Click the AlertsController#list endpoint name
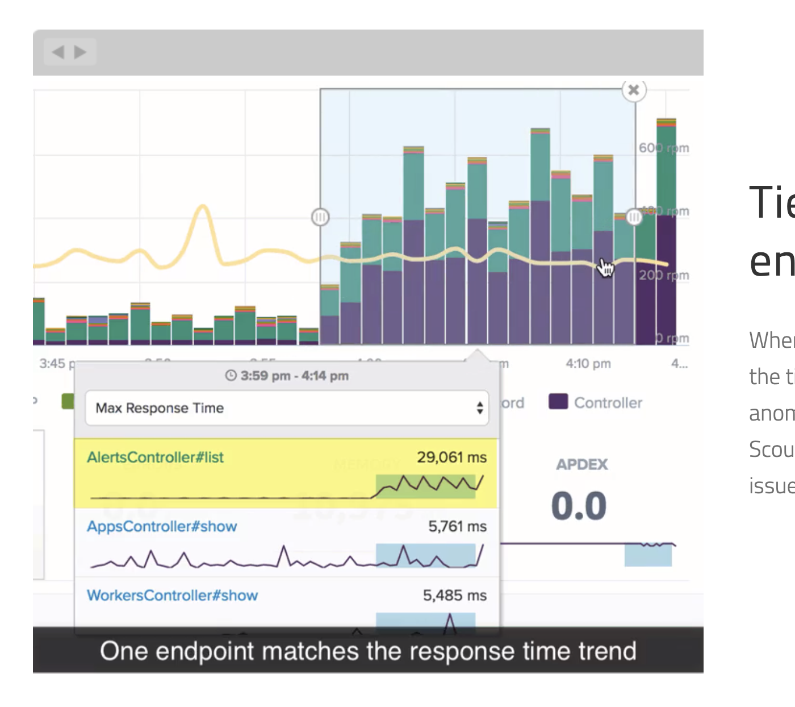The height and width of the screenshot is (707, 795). click(x=155, y=458)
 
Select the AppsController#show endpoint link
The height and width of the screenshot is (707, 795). click(x=162, y=526)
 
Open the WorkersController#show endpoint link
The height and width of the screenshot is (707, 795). click(x=172, y=595)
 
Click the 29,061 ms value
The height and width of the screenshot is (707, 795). click(x=451, y=458)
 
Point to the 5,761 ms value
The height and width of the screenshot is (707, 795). click(x=457, y=526)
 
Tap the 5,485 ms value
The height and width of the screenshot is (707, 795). click(x=454, y=595)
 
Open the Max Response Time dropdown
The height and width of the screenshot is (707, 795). click(x=287, y=408)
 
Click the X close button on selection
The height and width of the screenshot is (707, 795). click(x=634, y=90)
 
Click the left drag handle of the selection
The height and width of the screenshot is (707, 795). click(x=320, y=217)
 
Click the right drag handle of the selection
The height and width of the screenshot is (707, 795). click(x=634, y=217)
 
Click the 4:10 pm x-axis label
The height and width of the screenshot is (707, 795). click(x=588, y=364)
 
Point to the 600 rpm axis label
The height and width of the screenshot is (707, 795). click(x=663, y=148)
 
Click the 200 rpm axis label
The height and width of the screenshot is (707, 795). click(x=663, y=275)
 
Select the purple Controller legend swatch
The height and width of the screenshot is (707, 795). click(x=558, y=402)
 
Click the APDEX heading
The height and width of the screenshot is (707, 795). click(x=581, y=465)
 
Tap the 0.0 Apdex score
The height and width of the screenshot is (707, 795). click(x=579, y=506)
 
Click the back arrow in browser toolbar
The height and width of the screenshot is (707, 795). click(x=58, y=52)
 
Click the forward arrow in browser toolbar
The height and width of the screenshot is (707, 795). click(x=81, y=52)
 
